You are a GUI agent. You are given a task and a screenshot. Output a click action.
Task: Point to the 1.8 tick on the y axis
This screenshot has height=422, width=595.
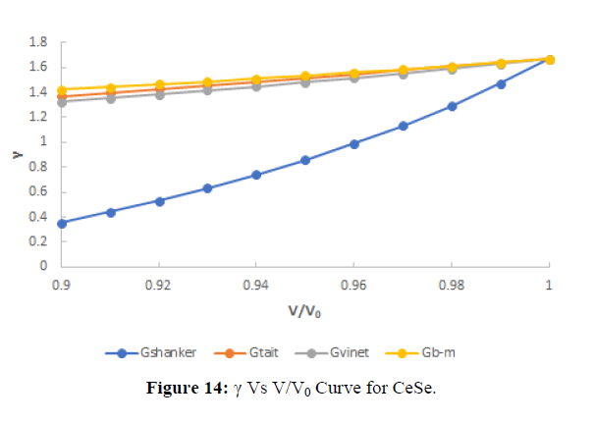tap(39, 42)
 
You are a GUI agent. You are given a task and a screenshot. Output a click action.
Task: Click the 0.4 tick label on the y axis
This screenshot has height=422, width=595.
tap(39, 216)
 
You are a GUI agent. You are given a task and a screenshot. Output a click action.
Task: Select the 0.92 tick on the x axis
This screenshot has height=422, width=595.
tap(158, 285)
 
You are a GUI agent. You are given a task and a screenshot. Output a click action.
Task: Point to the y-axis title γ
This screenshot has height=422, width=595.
tap(14, 155)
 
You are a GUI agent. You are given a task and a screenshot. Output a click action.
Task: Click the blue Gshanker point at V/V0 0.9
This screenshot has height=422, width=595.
tap(62, 223)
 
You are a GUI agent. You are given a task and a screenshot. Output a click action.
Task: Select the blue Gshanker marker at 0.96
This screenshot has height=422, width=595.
tap(353, 143)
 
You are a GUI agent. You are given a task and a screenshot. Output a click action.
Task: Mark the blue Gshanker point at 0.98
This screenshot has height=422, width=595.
tap(452, 106)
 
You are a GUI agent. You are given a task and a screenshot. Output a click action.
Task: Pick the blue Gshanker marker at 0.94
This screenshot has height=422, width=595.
tap(256, 175)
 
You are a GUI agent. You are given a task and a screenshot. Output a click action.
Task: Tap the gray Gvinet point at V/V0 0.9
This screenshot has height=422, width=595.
tap(62, 102)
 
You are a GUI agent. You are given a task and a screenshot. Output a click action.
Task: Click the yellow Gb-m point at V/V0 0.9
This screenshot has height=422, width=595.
tap(62, 89)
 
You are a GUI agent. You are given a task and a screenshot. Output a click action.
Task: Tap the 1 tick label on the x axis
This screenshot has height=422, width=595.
tap(548, 285)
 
